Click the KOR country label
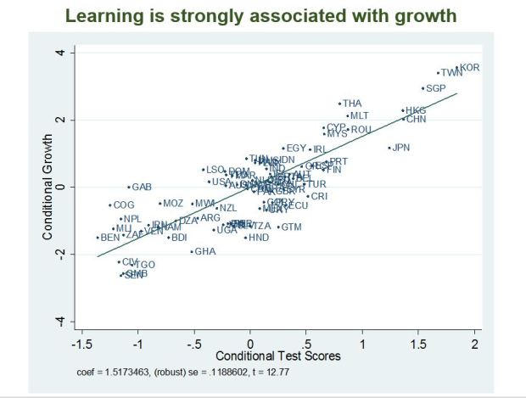(x=470, y=67)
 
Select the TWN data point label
(x=451, y=73)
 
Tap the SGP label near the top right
(x=435, y=88)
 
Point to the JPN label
(x=400, y=148)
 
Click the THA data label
(x=351, y=104)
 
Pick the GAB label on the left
(x=142, y=187)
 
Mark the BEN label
(x=110, y=238)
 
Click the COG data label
(x=124, y=205)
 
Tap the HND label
(x=259, y=238)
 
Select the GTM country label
(x=291, y=227)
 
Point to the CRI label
(x=318, y=197)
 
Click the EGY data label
(x=296, y=149)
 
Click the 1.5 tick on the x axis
(x=418, y=343)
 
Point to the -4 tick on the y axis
(x=60, y=321)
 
